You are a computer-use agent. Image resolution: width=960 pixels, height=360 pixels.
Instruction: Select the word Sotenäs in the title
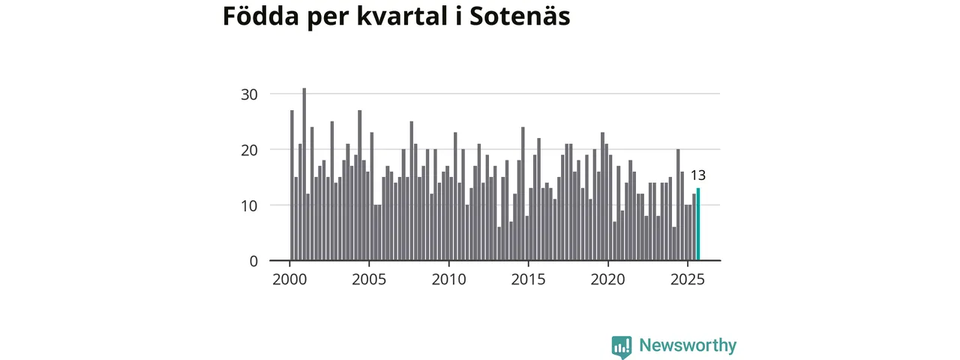[x=520, y=16]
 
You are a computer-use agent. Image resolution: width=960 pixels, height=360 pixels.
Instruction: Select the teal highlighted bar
[x=698, y=225]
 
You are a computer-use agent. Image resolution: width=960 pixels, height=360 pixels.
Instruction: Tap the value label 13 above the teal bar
[x=698, y=175]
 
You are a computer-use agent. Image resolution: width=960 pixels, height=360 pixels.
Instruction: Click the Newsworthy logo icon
[x=621, y=346]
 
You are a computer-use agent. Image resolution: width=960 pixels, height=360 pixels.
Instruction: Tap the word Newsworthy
[x=688, y=346]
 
